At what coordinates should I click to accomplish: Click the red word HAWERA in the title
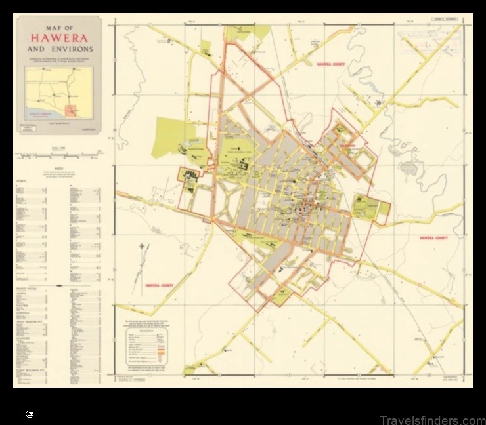[x=60, y=38]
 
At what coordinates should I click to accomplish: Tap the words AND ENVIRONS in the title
[x=60, y=49]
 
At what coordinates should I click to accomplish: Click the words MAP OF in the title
[x=60, y=28]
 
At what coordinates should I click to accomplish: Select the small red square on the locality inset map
[x=70, y=111]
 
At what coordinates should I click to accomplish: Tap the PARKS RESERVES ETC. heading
[x=31, y=322]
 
